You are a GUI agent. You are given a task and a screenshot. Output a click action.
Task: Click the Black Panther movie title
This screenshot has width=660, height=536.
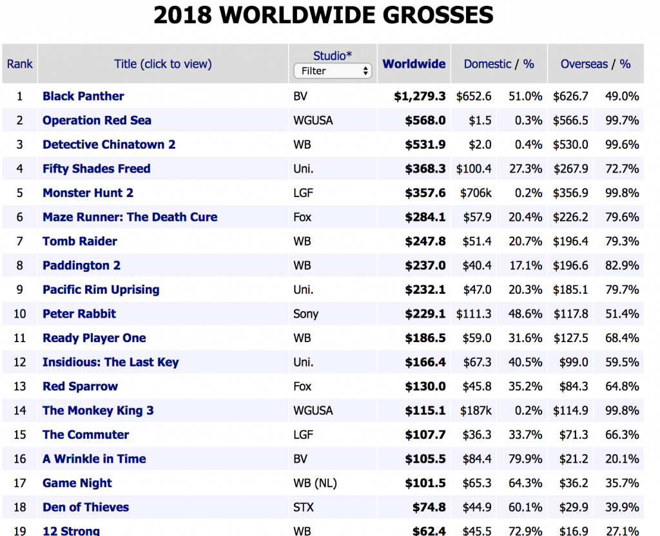point(83,96)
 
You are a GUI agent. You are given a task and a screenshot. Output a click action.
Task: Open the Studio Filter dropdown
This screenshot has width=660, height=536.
point(333,71)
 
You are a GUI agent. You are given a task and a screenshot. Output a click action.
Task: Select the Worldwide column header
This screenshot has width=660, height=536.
point(414,64)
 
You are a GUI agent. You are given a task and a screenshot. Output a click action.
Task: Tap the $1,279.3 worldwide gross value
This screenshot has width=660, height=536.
point(420,96)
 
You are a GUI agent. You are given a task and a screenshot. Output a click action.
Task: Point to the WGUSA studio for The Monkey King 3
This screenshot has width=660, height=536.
point(313,410)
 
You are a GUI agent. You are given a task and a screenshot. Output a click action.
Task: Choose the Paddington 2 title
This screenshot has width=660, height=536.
point(81,265)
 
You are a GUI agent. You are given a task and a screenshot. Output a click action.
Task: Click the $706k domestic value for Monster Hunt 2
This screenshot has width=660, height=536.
point(476,193)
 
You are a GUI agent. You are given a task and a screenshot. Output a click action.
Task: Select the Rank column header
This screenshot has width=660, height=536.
point(19,64)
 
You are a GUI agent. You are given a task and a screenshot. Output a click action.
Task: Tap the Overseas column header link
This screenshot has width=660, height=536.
point(584,64)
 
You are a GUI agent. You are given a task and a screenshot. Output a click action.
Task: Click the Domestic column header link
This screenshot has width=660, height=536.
point(487,64)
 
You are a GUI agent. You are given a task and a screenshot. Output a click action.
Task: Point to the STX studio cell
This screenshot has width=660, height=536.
point(303,507)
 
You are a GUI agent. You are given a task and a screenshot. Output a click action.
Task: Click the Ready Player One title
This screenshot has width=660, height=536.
point(94,338)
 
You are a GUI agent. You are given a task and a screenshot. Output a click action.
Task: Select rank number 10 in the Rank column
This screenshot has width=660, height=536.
point(19,314)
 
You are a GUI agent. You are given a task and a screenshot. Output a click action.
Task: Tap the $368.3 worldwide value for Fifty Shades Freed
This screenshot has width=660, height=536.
point(425,169)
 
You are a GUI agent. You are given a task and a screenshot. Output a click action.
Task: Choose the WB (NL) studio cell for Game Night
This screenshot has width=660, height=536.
point(315,483)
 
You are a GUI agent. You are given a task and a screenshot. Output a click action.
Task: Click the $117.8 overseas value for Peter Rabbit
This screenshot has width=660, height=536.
point(570,314)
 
